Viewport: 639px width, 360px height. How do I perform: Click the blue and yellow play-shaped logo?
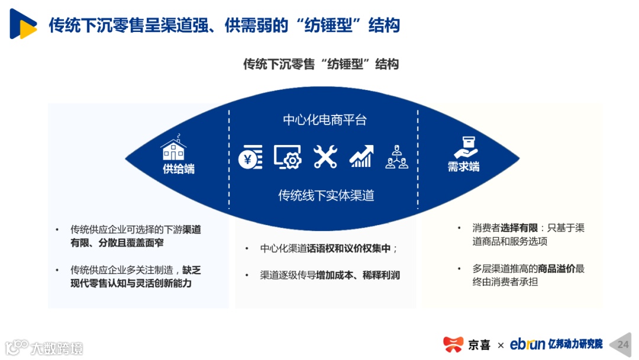[22, 25]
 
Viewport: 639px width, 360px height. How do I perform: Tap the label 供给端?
[179, 169]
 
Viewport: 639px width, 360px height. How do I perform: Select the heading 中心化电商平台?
[325, 120]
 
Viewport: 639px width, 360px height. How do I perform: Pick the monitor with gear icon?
[288, 156]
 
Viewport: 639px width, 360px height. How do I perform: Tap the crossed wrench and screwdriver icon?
[325, 156]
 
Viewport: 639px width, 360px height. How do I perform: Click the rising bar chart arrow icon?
[361, 156]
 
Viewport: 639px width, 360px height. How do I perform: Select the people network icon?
[396, 157]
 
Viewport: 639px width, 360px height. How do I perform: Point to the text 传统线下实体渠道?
[326, 195]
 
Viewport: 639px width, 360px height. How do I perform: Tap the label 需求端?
[463, 167]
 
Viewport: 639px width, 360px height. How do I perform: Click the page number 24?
[623, 344]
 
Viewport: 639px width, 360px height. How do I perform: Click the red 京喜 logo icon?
[453, 344]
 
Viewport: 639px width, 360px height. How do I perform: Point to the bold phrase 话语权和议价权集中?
[348, 249]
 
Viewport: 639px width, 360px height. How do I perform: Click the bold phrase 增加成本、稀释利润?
[358, 275]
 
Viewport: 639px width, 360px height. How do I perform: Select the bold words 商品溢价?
[556, 269]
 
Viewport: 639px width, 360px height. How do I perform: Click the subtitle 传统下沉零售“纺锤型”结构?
[321, 64]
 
